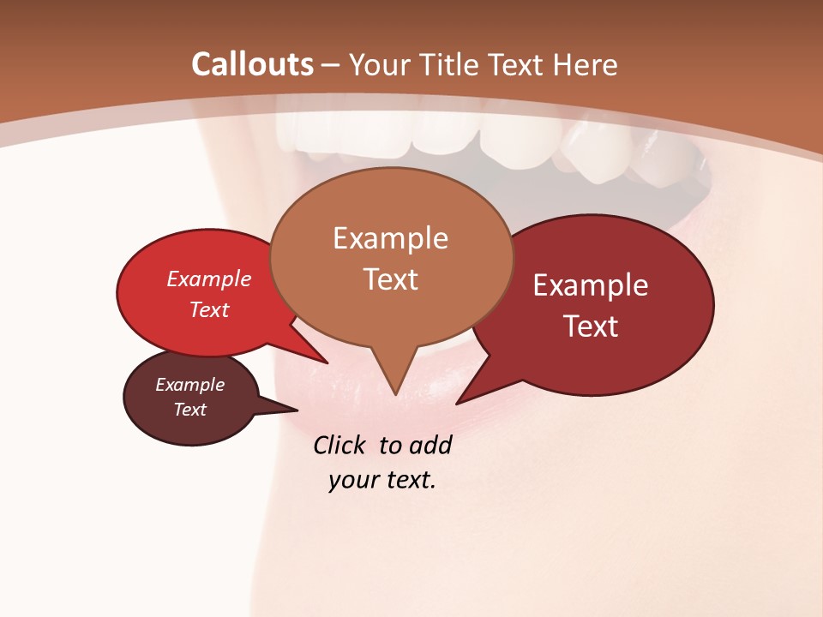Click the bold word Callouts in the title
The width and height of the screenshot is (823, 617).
pyautogui.click(x=252, y=64)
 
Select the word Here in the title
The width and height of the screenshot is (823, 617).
pyautogui.click(x=586, y=64)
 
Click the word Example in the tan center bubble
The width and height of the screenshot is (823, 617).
pyautogui.click(x=390, y=238)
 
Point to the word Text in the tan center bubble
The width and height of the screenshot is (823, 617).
pyautogui.click(x=391, y=279)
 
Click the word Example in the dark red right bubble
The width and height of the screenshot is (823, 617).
pyautogui.click(x=590, y=285)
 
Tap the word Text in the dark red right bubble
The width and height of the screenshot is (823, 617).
pyautogui.click(x=592, y=326)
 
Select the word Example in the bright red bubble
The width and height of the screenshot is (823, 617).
pyautogui.click(x=209, y=279)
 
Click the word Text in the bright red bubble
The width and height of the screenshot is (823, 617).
pyautogui.click(x=209, y=309)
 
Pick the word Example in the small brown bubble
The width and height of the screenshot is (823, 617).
pyautogui.click(x=189, y=385)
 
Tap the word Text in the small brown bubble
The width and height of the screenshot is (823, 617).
pyautogui.click(x=189, y=410)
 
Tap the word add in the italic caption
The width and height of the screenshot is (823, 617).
pyautogui.click(x=431, y=445)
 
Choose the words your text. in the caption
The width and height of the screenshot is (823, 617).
pyautogui.click(x=382, y=479)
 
